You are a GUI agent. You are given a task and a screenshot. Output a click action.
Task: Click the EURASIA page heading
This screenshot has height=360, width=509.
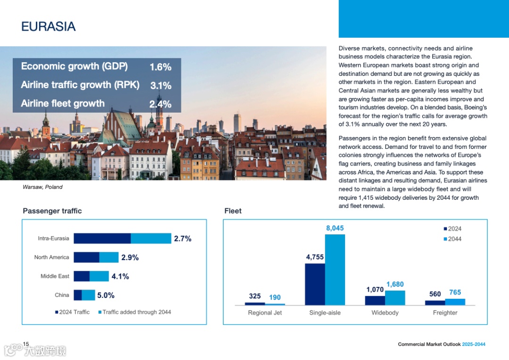pos(49,26)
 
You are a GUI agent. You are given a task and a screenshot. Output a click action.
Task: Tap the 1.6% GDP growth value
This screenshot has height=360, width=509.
pos(160,67)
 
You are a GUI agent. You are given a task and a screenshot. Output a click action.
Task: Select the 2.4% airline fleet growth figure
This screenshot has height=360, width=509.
pos(160,104)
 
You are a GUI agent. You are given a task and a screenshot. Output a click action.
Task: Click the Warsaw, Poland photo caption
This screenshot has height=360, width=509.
pos(42,187)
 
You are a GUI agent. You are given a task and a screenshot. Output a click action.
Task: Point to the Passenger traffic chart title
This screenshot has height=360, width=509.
pos(52,211)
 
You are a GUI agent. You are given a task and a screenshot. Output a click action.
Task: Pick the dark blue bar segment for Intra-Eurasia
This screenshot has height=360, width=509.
pos(102,238)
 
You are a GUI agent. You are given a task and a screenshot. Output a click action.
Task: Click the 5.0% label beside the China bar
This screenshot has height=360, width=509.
pos(106,295)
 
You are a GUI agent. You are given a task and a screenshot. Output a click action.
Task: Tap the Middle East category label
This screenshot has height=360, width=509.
pos(55,276)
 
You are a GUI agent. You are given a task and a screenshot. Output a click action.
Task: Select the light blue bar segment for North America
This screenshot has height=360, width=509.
pos(109,257)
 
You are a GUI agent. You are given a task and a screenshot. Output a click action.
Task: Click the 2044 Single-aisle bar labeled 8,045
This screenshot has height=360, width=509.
pos(335,270)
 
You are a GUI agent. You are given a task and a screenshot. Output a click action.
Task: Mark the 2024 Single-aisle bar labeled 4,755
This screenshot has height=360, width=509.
pos(315,284)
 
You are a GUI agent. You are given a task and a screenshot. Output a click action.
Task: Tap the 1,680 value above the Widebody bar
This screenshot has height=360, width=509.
pos(395,285)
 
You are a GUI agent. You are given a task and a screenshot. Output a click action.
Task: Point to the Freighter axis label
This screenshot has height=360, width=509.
pos(445,312)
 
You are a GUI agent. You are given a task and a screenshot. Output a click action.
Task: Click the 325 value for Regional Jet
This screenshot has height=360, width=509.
pos(254,296)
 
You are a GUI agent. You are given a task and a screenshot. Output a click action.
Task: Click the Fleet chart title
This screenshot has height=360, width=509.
pos(233,211)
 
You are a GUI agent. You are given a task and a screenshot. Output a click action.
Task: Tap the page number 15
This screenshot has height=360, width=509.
pos(26,344)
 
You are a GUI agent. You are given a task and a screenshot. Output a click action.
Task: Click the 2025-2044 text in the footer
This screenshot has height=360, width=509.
pos(474,344)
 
